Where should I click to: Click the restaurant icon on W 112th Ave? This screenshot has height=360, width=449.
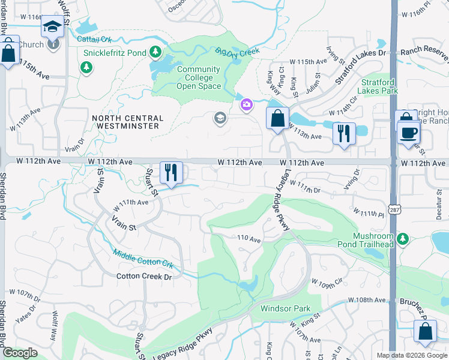pyautogui.click(x=171, y=173)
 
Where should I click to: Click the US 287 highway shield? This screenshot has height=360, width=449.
pyautogui.click(x=394, y=172)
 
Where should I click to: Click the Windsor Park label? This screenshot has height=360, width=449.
pyautogui.click(x=285, y=309)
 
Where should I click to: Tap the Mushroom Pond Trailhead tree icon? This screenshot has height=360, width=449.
pyautogui.click(x=403, y=239)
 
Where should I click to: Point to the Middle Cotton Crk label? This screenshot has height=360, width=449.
pyautogui.click(x=142, y=259)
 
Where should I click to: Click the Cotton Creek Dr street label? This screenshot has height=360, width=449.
pyautogui.click(x=144, y=277)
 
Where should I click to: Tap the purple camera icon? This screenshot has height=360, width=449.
pyautogui.click(x=246, y=106)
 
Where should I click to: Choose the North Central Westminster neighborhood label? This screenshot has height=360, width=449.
pyautogui.click(x=126, y=122)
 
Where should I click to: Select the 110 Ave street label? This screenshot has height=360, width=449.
pyautogui.click(x=249, y=239)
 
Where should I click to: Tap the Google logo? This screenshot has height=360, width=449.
pyautogui.click(x=20, y=353)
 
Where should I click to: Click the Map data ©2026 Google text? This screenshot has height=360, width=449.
pyautogui.click(x=412, y=355)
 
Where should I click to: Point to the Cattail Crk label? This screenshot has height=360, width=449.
pyautogui.click(x=95, y=40)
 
